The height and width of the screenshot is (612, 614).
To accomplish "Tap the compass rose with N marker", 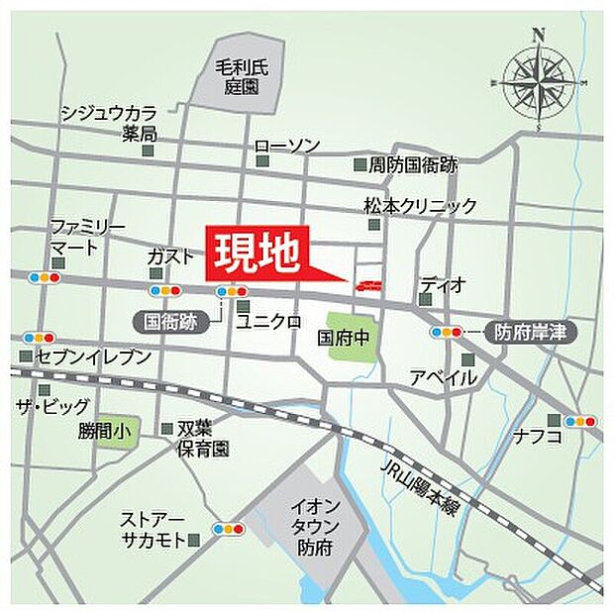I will [x=538, y=80].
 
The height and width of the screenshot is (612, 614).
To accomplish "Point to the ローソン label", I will [x=288, y=146].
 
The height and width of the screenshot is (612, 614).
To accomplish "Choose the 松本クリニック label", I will [x=420, y=206].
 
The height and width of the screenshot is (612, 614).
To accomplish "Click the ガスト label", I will [x=170, y=256].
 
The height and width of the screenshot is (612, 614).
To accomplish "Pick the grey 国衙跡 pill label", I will [x=169, y=321].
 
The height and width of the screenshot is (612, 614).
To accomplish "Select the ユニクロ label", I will [x=267, y=321].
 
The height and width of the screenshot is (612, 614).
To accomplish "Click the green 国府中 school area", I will [x=350, y=337].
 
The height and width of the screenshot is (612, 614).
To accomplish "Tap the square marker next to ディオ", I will [x=426, y=297].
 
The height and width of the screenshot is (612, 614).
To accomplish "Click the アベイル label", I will [x=443, y=377].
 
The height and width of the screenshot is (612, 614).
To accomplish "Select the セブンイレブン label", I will [x=93, y=356].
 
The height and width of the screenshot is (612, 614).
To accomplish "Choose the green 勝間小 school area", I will [x=108, y=431].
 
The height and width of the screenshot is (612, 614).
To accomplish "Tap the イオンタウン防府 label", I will [x=314, y=526].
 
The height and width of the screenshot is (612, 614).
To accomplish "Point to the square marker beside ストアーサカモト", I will [x=193, y=540].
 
